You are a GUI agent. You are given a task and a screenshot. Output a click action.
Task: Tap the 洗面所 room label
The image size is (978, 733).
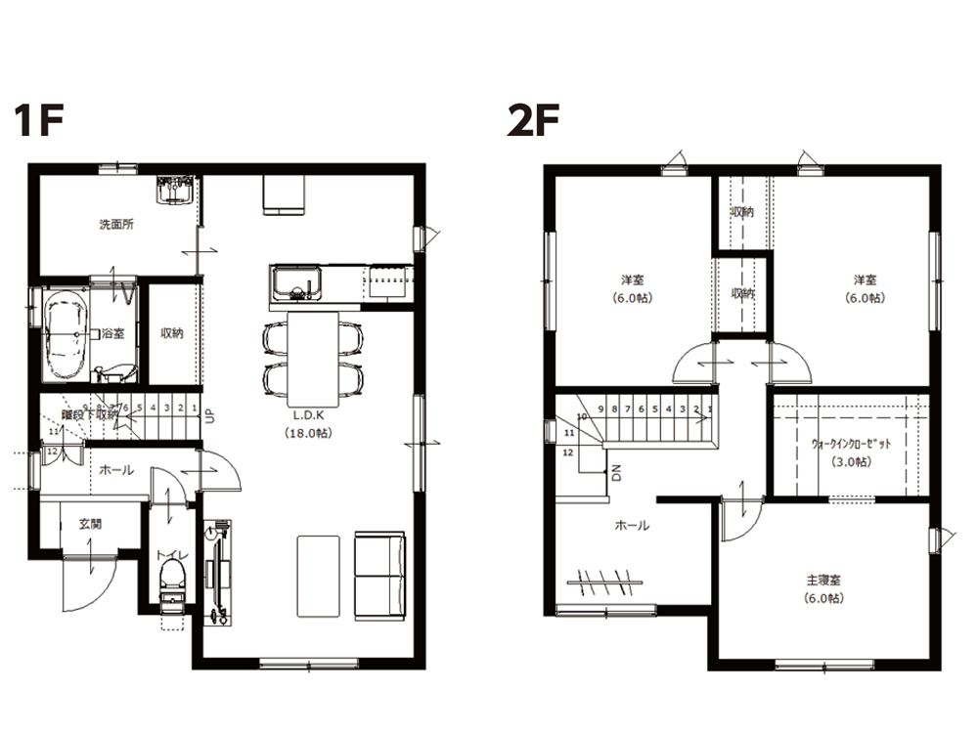pyautogui.click(x=116, y=224)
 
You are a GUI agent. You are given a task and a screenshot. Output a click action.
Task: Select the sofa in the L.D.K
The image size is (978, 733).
pyautogui.click(x=380, y=576)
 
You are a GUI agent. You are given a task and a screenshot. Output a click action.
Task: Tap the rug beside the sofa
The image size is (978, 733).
pyautogui.click(x=319, y=577)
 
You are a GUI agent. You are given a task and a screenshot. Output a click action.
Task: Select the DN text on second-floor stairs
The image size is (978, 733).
pyautogui.click(x=617, y=475)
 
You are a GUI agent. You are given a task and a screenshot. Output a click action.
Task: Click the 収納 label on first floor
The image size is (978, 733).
pyautogui.click(x=172, y=333)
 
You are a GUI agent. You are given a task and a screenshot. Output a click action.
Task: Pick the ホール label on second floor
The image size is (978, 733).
pyautogui.click(x=632, y=526)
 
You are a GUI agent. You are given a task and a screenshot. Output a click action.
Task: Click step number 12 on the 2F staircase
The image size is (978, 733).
pyautogui.click(x=568, y=453)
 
